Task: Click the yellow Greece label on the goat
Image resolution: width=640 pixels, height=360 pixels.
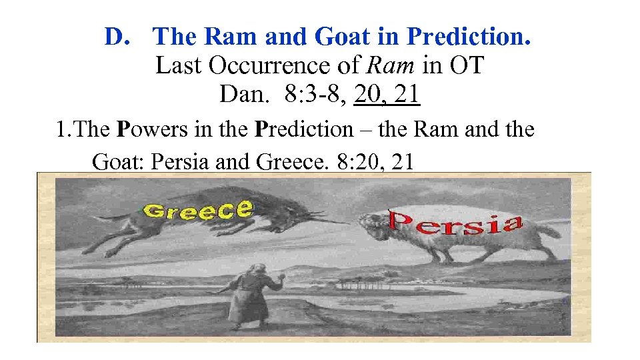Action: coord(198,209)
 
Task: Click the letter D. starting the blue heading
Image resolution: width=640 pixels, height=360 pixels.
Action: coord(117,37)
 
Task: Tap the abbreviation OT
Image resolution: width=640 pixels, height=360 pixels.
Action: coord(467,66)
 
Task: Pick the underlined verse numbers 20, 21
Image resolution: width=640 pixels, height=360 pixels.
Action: coord(387,95)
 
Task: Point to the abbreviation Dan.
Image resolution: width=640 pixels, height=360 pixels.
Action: coord(245,95)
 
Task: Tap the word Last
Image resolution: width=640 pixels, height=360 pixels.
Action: coord(179,66)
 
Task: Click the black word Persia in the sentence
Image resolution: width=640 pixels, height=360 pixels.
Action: coord(181,162)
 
